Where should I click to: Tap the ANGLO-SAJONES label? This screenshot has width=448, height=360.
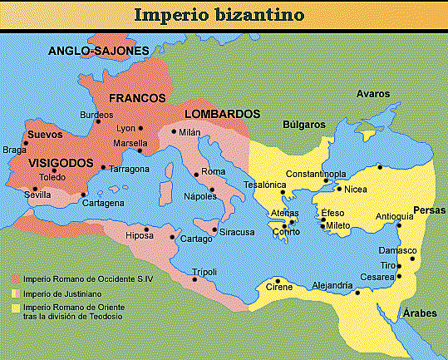[x=98, y=51]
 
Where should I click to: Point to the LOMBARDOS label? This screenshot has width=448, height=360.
[x=223, y=114]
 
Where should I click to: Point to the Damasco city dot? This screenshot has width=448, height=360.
[x=412, y=259]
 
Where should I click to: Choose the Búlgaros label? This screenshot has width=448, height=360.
[x=303, y=124]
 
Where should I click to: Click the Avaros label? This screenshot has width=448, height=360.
[x=372, y=93]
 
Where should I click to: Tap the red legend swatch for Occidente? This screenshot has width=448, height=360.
[x=16, y=279]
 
